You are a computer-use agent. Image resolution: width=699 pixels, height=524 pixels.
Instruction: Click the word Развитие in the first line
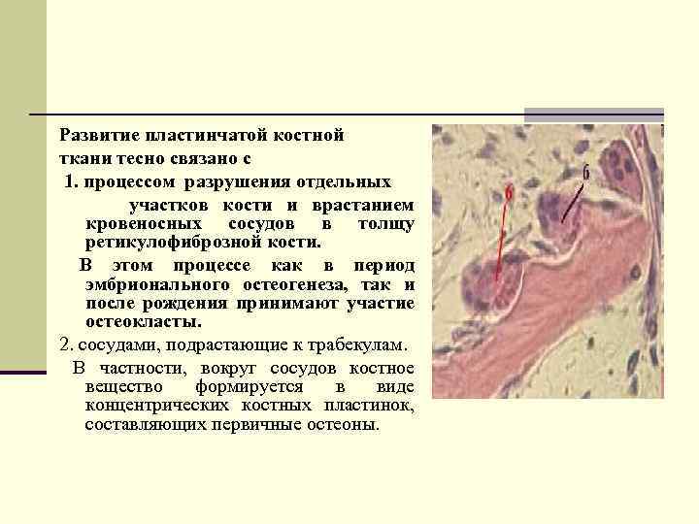(x=97, y=135)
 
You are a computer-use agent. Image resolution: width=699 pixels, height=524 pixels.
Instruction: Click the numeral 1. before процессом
(x=71, y=181)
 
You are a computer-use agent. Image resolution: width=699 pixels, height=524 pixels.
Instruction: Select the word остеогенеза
(x=301, y=284)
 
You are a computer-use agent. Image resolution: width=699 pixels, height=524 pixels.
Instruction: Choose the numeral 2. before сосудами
(x=66, y=344)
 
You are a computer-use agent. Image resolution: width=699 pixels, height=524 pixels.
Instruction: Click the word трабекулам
(x=363, y=344)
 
